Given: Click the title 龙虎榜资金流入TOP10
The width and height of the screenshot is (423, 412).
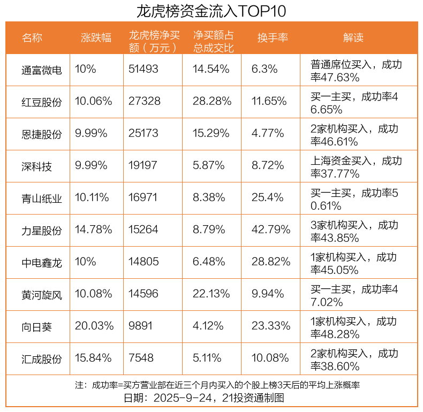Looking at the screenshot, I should (x=211, y=11).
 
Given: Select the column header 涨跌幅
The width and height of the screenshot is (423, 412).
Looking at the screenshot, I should (x=96, y=38).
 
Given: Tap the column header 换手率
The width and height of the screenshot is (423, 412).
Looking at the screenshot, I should (x=273, y=38).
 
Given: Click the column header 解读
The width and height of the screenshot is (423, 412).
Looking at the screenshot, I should (x=353, y=38).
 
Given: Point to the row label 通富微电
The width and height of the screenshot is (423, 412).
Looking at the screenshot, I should (x=42, y=70).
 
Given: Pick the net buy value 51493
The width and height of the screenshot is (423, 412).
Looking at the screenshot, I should (x=144, y=69).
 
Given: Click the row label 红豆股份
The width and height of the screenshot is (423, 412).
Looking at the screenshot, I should (x=42, y=102).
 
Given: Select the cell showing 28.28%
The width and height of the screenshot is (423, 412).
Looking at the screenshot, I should (x=211, y=101).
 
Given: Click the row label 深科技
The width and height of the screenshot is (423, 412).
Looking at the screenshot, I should (x=37, y=166).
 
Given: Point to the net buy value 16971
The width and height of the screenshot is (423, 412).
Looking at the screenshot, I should (x=143, y=197).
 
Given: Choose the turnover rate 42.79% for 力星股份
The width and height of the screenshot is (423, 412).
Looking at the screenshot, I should (x=270, y=230).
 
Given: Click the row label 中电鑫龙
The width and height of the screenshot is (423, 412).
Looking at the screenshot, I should (x=42, y=262).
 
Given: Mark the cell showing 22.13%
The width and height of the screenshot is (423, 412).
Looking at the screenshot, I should (x=211, y=294).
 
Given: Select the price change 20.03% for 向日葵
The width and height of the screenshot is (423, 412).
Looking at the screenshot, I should (x=94, y=326).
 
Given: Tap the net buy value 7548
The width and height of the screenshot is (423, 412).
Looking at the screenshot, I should (x=141, y=358).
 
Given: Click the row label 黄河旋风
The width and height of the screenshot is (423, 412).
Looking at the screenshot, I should (x=42, y=294).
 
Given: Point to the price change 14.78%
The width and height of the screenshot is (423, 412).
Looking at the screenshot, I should (x=94, y=230).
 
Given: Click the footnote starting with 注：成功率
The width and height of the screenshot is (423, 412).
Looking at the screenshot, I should (x=211, y=385).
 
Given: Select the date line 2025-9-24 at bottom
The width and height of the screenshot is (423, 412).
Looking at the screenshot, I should (x=211, y=399).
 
